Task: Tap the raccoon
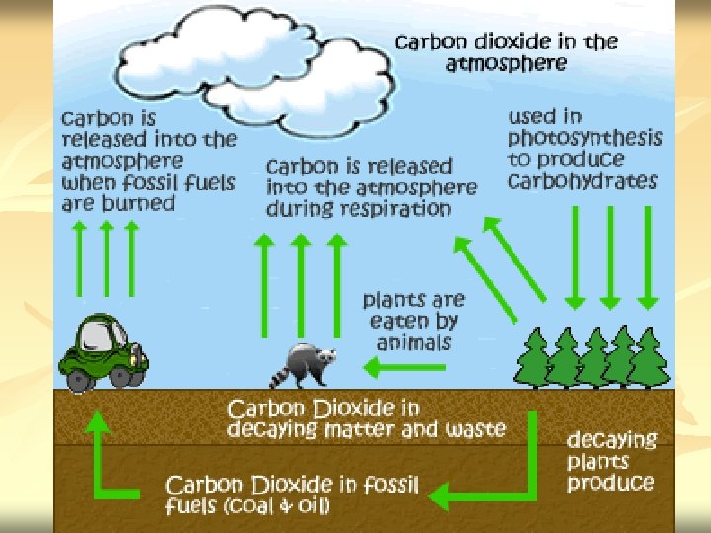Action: click(307, 365)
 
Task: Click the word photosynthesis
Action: click(585, 138)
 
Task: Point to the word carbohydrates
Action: click(582, 181)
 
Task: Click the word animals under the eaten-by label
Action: click(414, 343)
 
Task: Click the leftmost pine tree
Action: click(534, 357)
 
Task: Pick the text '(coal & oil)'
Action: click(277, 507)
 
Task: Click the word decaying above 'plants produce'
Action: click(611, 440)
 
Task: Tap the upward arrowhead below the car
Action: click(98, 420)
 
